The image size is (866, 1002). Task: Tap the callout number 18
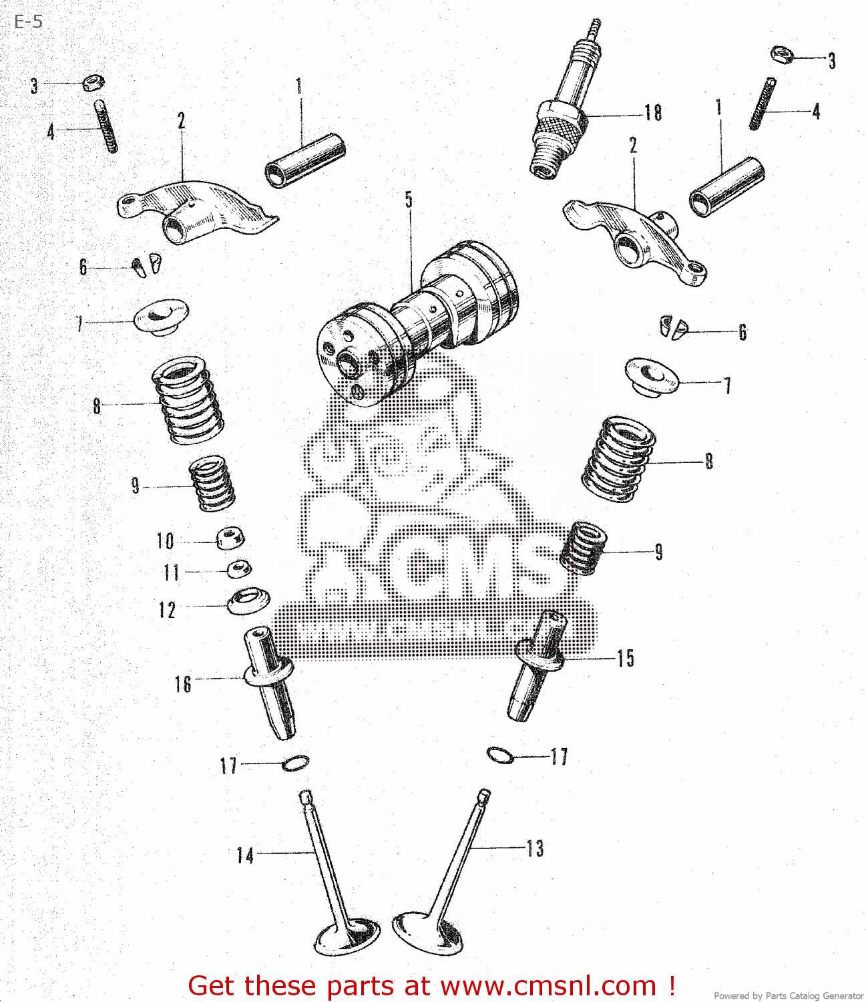(x=653, y=113)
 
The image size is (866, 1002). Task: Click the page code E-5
(x=28, y=22)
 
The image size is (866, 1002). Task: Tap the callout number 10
(x=165, y=541)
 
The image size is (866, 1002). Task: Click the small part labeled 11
(x=239, y=569)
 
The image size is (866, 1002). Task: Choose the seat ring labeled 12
(x=248, y=601)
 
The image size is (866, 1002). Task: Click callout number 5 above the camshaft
(x=409, y=200)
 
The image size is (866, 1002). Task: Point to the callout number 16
(x=183, y=684)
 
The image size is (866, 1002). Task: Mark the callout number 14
(x=245, y=856)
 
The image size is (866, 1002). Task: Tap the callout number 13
(x=535, y=848)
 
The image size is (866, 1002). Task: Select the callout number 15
(x=625, y=658)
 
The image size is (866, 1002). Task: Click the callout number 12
(x=167, y=610)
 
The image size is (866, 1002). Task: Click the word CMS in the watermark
(x=467, y=568)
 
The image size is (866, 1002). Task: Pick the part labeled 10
(x=230, y=538)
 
